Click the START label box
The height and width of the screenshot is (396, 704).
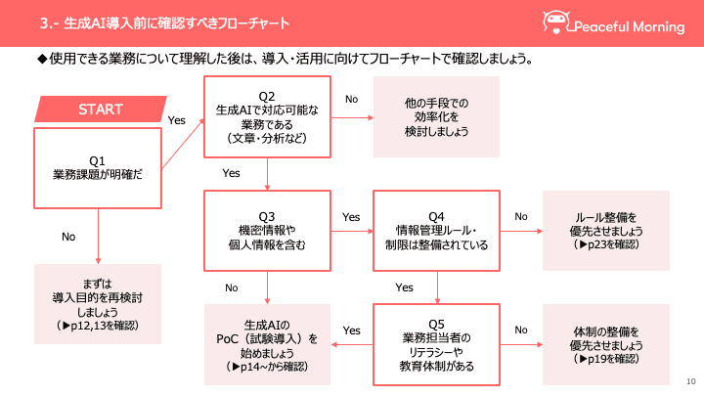click(x=100, y=110)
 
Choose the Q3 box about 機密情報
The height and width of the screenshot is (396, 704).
click(x=266, y=231)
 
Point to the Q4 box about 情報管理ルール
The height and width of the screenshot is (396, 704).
click(x=436, y=231)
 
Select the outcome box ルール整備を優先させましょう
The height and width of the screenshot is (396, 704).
click(x=606, y=231)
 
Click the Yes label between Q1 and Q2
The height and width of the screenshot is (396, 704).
click(x=177, y=120)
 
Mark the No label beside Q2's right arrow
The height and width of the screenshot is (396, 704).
click(x=352, y=99)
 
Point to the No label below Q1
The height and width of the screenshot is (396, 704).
click(x=68, y=237)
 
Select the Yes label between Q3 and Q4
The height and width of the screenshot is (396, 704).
click(x=351, y=216)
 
